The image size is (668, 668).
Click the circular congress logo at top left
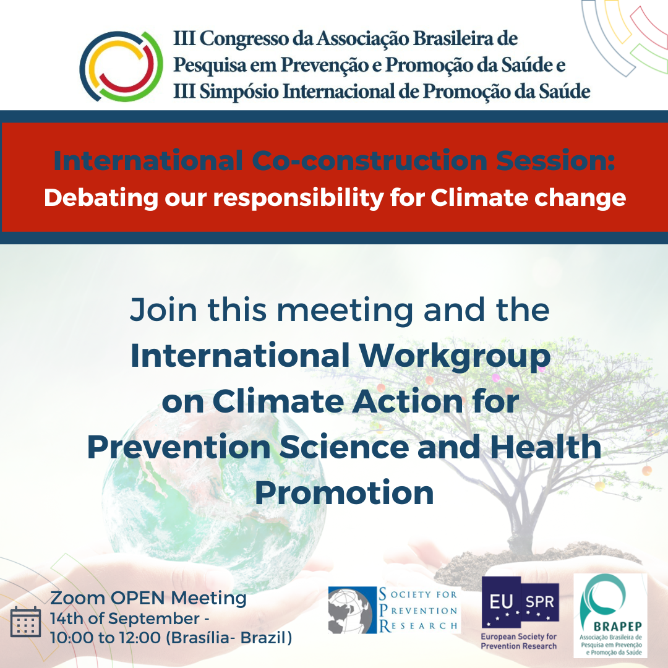[x=121, y=66]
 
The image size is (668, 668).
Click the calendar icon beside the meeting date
[x=25, y=622]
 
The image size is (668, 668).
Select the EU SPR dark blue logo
[x=520, y=602]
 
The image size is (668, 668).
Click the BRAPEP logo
[x=610, y=615]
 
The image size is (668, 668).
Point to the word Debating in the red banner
[x=101, y=199]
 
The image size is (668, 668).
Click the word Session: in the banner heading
[x=555, y=161]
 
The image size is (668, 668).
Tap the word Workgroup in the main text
[x=455, y=357]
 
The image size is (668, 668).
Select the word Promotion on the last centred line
[x=345, y=493]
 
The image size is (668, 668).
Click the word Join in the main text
[x=163, y=310]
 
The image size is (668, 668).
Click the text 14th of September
[x=125, y=619]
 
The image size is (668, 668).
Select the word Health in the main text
[x=546, y=447]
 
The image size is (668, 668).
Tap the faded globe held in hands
[x=213, y=490]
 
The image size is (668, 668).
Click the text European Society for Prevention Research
[x=518, y=641]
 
